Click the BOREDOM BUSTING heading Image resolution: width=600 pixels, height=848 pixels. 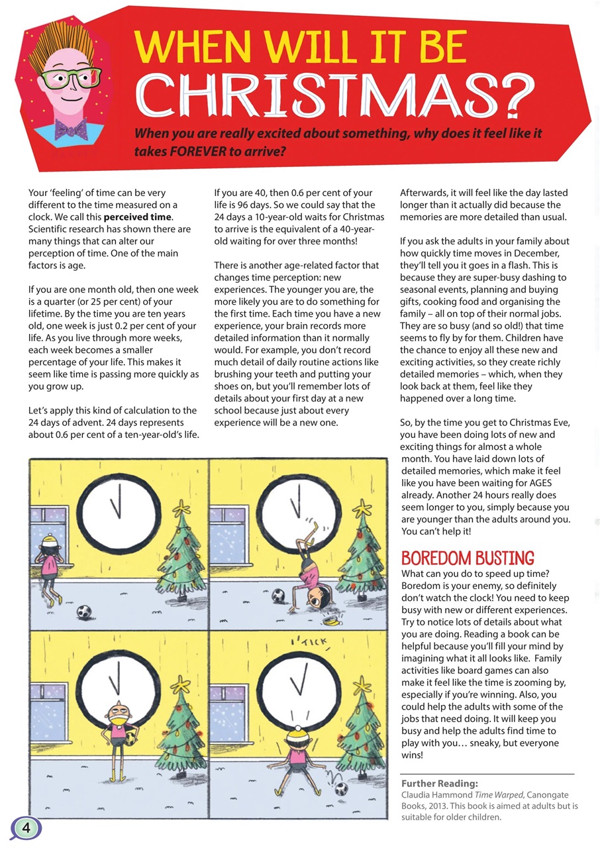(468, 558)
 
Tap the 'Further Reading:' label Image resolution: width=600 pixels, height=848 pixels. (440, 782)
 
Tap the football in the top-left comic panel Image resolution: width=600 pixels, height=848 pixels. (83, 611)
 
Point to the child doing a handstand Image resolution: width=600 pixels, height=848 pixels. (311, 566)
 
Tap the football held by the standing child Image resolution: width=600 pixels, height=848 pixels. (130, 737)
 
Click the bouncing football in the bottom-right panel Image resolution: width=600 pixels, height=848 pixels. (342, 789)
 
